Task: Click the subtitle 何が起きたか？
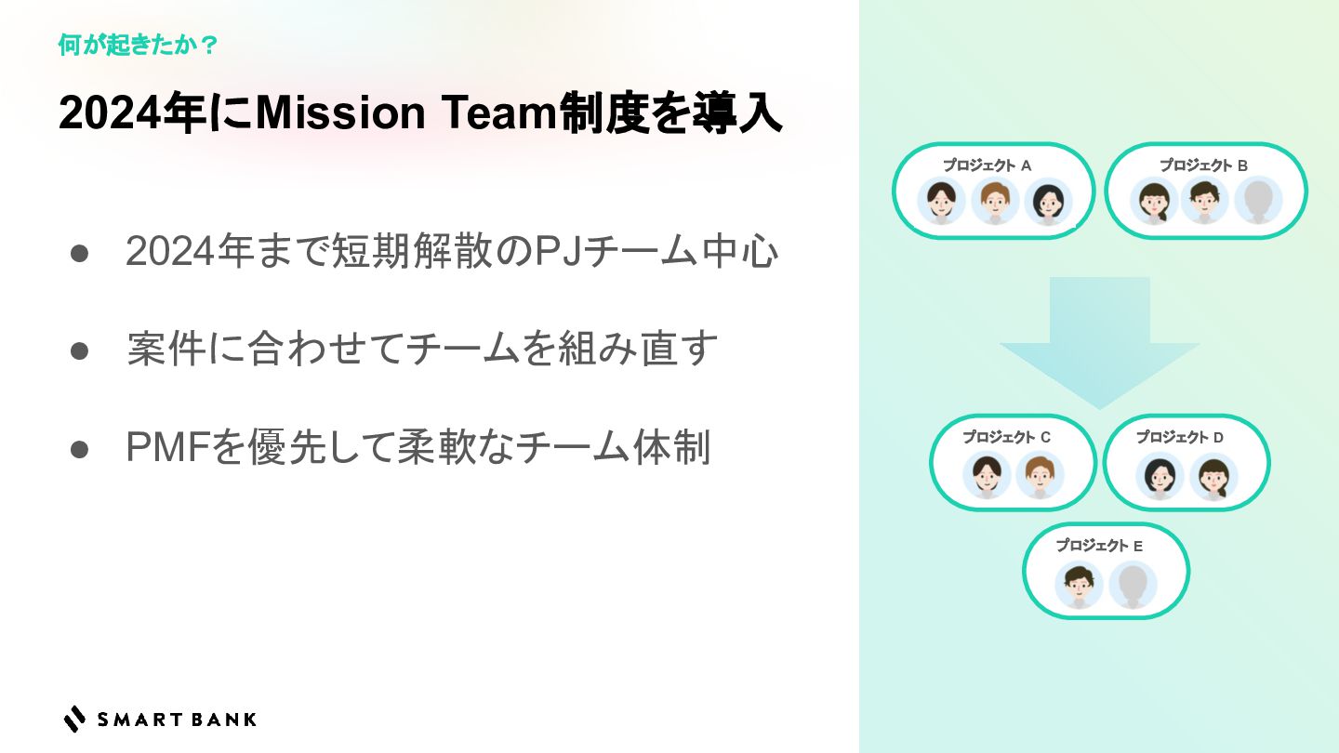point(138,45)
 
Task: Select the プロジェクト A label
point(988,165)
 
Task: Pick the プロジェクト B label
point(1203,165)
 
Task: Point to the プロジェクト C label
point(1006,437)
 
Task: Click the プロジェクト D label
point(1179,437)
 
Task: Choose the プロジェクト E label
point(1098,546)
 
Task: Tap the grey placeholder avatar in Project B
point(1258,201)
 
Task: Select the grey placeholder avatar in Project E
point(1133,585)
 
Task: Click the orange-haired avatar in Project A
point(995,201)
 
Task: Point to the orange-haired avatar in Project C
point(1039,475)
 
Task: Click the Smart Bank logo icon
point(74,719)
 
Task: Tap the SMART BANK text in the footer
point(177,719)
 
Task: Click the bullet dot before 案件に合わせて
point(79,350)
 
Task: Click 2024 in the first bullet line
point(166,252)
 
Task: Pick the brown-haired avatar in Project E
point(1079,585)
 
